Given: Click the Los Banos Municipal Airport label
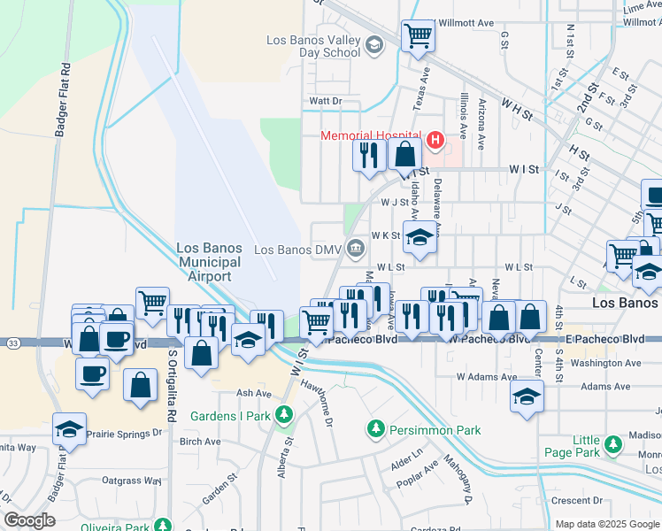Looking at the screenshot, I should coord(209,263).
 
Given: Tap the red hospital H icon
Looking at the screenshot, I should coord(435,140).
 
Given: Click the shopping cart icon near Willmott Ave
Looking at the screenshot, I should coord(418,37).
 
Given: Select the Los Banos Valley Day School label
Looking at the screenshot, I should coord(314,46).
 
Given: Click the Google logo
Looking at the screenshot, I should coord(29,520).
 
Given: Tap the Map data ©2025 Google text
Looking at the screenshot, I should coord(607,524).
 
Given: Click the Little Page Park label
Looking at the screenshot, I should coord(586,447).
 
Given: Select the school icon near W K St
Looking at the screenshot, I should coord(420,238).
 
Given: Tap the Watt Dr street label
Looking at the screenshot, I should coord(325,102).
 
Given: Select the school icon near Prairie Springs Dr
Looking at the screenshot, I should coord(68,429).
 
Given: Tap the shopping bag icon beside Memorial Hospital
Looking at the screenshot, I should coord(404,154).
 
